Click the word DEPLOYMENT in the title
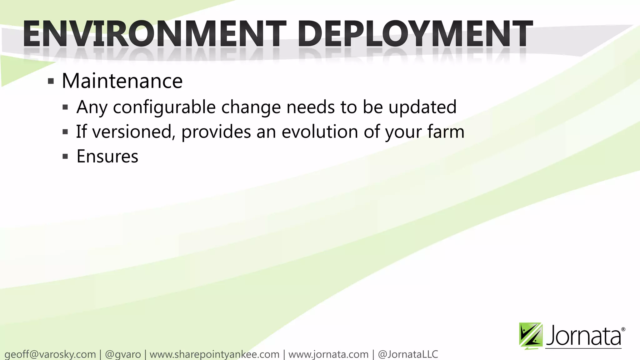(x=415, y=34)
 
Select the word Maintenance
(x=122, y=81)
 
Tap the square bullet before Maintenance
(x=51, y=82)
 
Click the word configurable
(x=164, y=107)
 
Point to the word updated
(x=422, y=107)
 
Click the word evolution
(x=320, y=132)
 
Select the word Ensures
(x=107, y=156)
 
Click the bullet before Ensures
(x=65, y=156)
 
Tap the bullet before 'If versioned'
(x=65, y=132)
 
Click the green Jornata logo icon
(x=530, y=336)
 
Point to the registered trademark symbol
(x=623, y=329)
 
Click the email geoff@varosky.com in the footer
(x=50, y=354)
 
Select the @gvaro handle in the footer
(x=123, y=354)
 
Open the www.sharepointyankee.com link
(x=214, y=354)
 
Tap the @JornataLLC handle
(x=408, y=354)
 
